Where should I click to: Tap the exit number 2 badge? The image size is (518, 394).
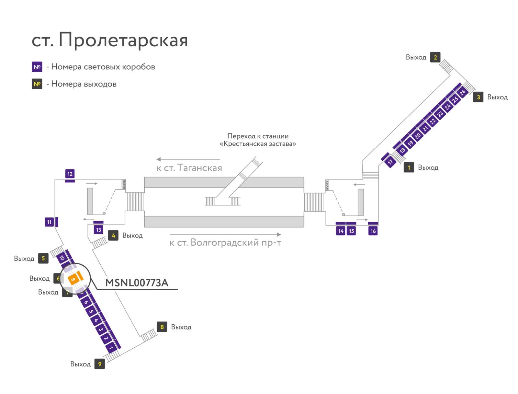(x=435, y=57)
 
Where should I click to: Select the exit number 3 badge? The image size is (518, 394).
(x=478, y=97)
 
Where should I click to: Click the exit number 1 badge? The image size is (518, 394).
(x=409, y=168)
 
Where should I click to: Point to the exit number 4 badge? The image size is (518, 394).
(x=113, y=235)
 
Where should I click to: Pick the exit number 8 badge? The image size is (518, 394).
(x=162, y=327)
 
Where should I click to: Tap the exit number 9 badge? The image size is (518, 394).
(x=100, y=364)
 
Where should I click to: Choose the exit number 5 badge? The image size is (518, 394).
(x=43, y=258)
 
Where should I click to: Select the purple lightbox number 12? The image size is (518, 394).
(x=70, y=174)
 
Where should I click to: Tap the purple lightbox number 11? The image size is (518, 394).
(x=49, y=222)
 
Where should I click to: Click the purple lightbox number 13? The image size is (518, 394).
(x=98, y=230)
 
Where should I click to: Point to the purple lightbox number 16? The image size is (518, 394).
(x=373, y=231)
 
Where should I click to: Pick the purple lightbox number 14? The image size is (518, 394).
(x=341, y=231)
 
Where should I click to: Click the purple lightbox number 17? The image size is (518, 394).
(x=390, y=162)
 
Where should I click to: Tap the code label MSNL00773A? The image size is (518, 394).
(x=137, y=283)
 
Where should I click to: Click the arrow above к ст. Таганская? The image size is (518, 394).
(x=188, y=159)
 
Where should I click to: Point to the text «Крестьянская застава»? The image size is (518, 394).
(x=258, y=144)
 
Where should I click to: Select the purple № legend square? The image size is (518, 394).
(x=37, y=67)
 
